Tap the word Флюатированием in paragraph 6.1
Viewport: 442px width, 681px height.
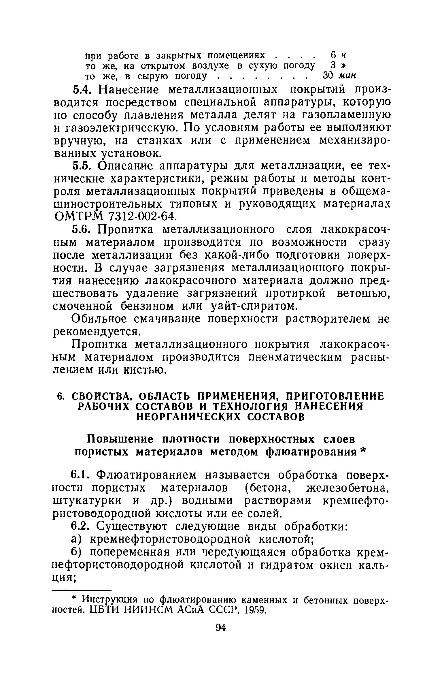pyautogui.click(x=147, y=474)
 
